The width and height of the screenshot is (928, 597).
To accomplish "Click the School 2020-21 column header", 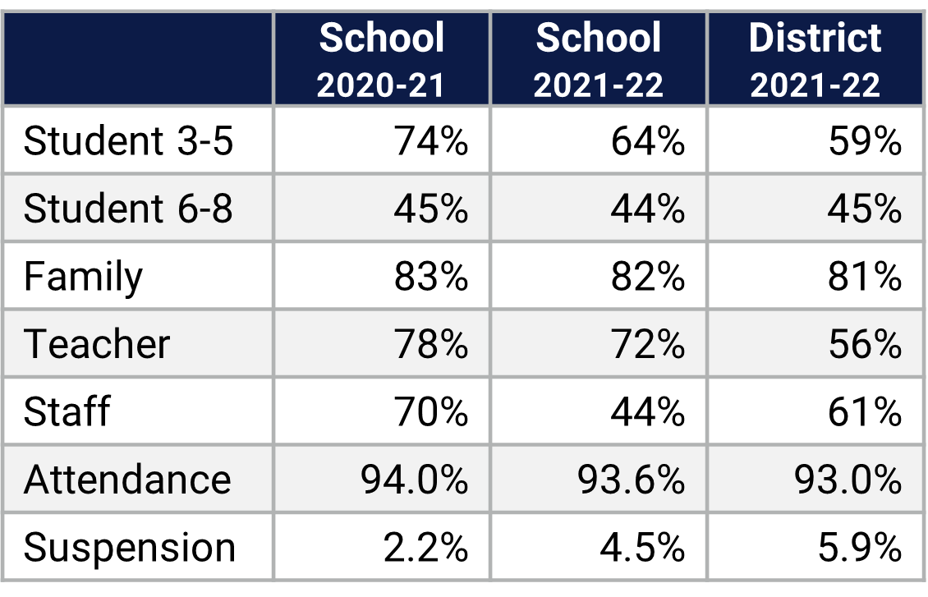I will [x=382, y=60].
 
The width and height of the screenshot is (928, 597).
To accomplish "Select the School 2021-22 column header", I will [x=598, y=60].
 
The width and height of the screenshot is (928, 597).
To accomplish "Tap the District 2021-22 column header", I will [x=815, y=60].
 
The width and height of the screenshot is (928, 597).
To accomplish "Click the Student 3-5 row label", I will [x=129, y=141].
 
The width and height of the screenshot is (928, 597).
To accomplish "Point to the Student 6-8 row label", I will [x=129, y=209].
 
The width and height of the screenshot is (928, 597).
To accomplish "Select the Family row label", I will [x=83, y=277].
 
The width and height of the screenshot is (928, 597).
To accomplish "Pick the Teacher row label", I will [x=97, y=343].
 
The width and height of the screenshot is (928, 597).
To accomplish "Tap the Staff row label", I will [x=67, y=411].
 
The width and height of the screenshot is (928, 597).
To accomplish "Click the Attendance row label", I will [x=127, y=479].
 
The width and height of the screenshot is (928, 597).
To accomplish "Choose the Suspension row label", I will [x=130, y=547].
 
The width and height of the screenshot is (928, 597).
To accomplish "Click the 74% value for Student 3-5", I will [x=431, y=141].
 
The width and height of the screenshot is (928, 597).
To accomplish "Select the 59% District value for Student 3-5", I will [x=865, y=141].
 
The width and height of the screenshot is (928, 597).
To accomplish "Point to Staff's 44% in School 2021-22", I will [x=648, y=411].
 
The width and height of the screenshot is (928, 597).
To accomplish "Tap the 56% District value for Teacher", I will [x=865, y=343].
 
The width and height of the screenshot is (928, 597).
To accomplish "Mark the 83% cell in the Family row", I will [x=431, y=277].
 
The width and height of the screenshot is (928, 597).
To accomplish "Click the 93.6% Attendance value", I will [x=631, y=479].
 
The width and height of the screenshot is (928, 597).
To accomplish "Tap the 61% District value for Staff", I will [x=865, y=411].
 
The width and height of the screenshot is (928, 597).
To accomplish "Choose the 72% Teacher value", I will [x=648, y=343].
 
